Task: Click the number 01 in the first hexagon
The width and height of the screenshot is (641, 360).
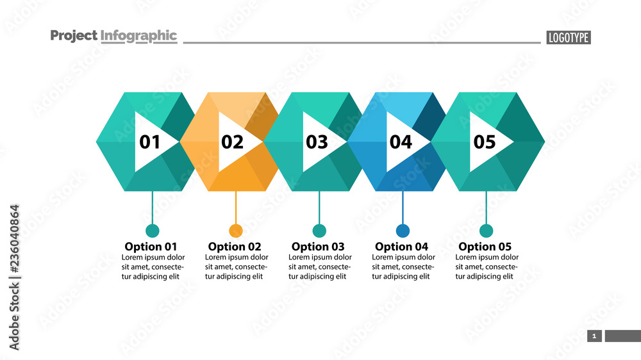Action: coord(150,142)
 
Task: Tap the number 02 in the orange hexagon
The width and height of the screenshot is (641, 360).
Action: coord(233,142)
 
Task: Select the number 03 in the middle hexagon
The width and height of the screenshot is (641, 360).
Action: coord(317,142)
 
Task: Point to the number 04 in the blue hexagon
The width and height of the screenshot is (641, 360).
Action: coord(401,142)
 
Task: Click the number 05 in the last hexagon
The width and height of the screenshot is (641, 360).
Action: coord(485,142)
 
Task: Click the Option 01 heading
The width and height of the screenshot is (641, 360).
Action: coord(151,247)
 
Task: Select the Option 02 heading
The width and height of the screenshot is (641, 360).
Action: coord(235,247)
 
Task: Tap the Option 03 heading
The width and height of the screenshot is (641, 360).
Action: coord(318,247)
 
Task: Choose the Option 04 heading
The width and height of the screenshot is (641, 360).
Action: coord(401,247)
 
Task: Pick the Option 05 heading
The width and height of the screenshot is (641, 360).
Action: coord(485,247)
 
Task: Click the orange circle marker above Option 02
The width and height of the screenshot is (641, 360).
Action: coord(236,231)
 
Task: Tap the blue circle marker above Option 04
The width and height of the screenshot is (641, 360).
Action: coord(403,231)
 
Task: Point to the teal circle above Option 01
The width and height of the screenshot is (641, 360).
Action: coord(153,231)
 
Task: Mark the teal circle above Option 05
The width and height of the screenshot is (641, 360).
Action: coord(487,231)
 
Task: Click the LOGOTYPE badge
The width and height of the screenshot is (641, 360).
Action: coord(569,38)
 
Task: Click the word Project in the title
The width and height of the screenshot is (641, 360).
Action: coord(74,36)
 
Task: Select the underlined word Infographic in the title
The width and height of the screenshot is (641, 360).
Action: coord(138,36)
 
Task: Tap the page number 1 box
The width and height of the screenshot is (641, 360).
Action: coord(594,336)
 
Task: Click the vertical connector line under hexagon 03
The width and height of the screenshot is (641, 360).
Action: coord(319,208)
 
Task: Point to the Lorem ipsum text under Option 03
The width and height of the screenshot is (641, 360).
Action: coord(320,267)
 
